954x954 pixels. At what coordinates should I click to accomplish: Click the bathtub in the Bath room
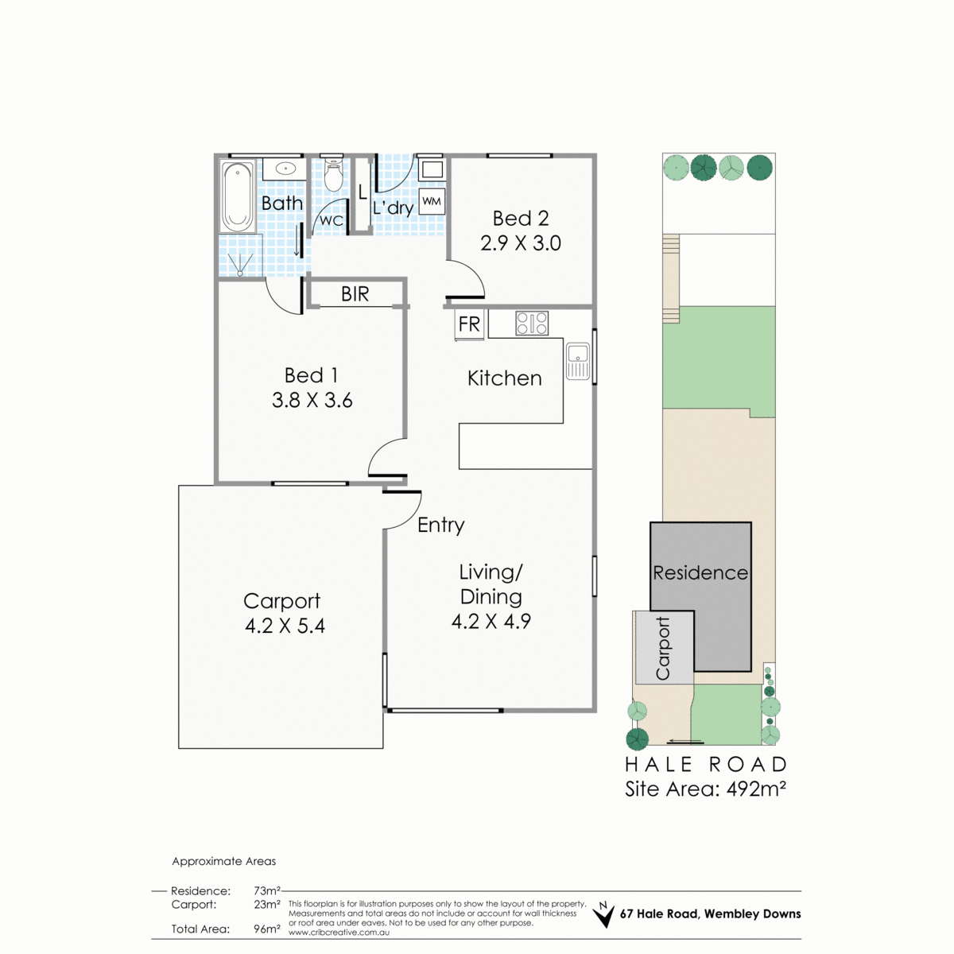(x=238, y=196)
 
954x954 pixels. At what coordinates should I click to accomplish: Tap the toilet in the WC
(x=333, y=174)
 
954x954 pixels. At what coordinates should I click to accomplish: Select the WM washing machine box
(x=432, y=201)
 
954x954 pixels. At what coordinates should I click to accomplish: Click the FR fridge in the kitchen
(x=469, y=325)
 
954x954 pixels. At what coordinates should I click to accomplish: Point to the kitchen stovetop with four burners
(x=532, y=324)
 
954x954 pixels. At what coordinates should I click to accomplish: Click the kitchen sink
(x=578, y=362)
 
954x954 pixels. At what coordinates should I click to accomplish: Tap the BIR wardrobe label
(x=355, y=294)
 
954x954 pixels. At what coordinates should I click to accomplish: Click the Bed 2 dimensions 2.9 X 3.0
(x=521, y=243)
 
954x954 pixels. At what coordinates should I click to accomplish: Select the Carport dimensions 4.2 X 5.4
(x=285, y=626)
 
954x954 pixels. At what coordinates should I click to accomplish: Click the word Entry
(x=441, y=525)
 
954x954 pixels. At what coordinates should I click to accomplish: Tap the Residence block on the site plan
(x=700, y=572)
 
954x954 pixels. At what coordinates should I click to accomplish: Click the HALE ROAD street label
(x=706, y=765)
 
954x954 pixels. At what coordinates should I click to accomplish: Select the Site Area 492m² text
(x=705, y=789)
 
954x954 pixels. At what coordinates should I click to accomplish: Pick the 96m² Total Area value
(x=267, y=929)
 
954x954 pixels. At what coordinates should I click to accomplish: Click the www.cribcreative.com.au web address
(x=339, y=933)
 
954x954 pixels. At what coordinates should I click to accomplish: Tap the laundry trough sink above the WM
(x=432, y=169)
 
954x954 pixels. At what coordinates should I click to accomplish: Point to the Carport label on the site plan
(x=663, y=648)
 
